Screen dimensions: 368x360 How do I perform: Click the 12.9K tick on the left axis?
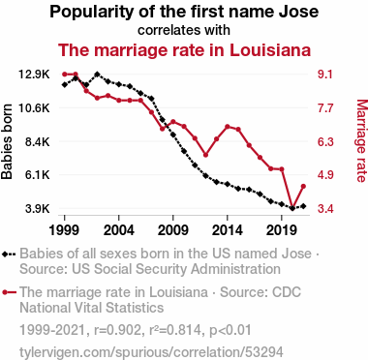(x=34, y=75)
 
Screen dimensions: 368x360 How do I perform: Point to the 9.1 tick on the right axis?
(x=325, y=75)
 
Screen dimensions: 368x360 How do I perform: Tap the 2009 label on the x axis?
(x=173, y=230)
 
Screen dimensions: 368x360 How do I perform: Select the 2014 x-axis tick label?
(x=228, y=230)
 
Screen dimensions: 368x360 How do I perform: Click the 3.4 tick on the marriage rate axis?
(x=325, y=209)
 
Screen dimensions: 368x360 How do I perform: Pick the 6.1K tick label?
(x=38, y=175)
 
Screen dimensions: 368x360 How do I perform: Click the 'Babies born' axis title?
(x=7, y=141)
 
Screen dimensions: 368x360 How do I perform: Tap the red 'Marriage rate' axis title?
(x=362, y=141)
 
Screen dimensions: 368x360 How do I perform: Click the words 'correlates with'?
(x=184, y=30)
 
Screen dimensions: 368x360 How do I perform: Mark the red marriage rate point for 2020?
(x=292, y=208)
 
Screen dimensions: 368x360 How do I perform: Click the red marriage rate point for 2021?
(x=303, y=186)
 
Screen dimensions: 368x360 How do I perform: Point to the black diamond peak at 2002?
(x=97, y=75)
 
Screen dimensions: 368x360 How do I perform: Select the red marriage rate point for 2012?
(x=205, y=155)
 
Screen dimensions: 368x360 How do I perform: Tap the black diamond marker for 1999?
(x=65, y=85)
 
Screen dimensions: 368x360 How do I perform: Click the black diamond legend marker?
(x=5, y=255)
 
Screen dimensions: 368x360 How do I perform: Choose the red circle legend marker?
(x=5, y=292)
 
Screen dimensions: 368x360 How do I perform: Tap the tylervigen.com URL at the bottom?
(x=151, y=352)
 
